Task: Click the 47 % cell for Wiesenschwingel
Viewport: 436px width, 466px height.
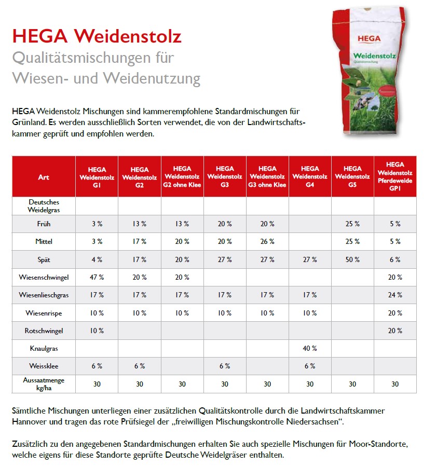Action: pyautogui.click(x=97, y=277)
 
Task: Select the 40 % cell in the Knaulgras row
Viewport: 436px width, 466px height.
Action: pyautogui.click(x=310, y=348)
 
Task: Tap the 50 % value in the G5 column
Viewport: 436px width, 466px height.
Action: pyautogui.click(x=352, y=259)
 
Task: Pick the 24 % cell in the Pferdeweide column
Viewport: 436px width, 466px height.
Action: pyautogui.click(x=395, y=295)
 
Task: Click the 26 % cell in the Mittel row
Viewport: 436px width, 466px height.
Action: pyautogui.click(x=267, y=242)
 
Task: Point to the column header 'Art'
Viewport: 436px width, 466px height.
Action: pyautogui.click(x=44, y=177)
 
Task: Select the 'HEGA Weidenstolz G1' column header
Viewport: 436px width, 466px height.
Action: pyautogui.click(x=97, y=177)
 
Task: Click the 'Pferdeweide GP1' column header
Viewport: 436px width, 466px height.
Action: pyautogui.click(x=395, y=177)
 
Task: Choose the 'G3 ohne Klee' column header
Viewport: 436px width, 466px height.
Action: pyautogui.click(x=267, y=177)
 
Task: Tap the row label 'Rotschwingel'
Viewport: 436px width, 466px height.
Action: pyautogui.click(x=44, y=331)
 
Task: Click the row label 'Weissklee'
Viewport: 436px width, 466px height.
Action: pyautogui.click(x=44, y=366)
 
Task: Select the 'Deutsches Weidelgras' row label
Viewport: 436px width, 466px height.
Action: pyautogui.click(x=44, y=206)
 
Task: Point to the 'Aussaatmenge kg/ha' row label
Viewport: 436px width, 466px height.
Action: pyautogui.click(x=44, y=384)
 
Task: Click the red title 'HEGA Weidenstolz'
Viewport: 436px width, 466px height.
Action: pyautogui.click(x=97, y=37)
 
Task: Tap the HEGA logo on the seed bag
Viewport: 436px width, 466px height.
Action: pyautogui.click(x=369, y=38)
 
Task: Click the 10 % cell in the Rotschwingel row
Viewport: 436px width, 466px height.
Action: pyautogui.click(x=97, y=331)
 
